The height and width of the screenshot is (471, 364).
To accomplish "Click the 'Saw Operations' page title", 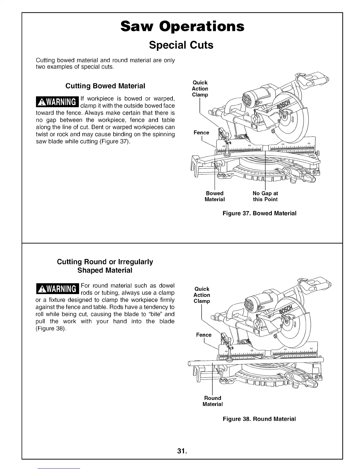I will tap(182, 26).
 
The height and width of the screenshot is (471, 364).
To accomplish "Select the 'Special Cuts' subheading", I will tap(181, 45).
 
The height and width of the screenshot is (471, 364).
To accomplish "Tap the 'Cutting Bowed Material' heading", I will tap(105, 86).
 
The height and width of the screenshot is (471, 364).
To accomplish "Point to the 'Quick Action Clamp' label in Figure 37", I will tap(200, 89).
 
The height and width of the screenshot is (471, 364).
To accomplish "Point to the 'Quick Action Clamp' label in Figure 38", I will tap(202, 295).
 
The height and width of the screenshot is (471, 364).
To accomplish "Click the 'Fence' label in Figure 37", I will tap(201, 133).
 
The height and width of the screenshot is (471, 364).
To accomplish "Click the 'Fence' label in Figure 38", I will tap(204, 335).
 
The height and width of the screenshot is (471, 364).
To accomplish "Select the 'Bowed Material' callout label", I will tap(214, 196).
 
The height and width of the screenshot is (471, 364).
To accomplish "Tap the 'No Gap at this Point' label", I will tap(265, 196).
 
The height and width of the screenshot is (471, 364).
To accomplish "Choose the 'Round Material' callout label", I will tap(212, 401).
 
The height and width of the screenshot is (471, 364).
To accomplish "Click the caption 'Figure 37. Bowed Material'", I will tap(259, 213).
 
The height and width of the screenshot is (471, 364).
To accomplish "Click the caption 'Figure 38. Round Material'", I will tap(259, 419).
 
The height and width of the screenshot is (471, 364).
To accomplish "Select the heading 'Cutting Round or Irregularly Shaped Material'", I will tap(105, 266).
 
